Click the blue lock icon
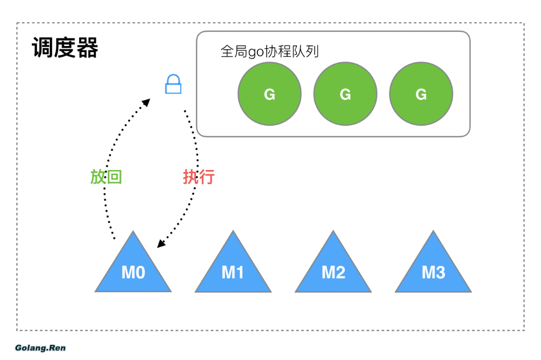173,84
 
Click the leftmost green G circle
269,94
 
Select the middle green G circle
345,94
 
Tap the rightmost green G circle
421,94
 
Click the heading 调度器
65,48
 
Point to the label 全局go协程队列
269,51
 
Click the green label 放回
106,176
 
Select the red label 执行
199,176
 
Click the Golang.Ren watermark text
40,348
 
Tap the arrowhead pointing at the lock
147,101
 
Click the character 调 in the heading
43,48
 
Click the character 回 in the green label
114,176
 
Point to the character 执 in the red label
190,176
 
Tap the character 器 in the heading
87,48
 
